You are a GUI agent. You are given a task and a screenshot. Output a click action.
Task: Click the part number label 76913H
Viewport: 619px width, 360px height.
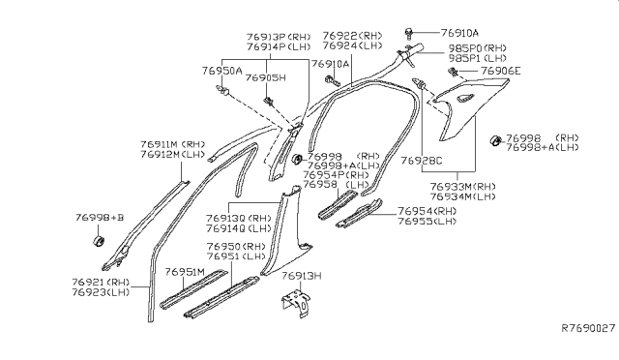pos(303,276)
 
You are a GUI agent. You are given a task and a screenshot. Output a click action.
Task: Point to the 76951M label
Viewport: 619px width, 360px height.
pos(185,273)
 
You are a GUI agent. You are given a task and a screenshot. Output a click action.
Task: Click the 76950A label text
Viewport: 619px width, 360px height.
pos(222,72)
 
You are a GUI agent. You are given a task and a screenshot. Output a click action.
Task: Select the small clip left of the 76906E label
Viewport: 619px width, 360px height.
pos(453,72)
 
